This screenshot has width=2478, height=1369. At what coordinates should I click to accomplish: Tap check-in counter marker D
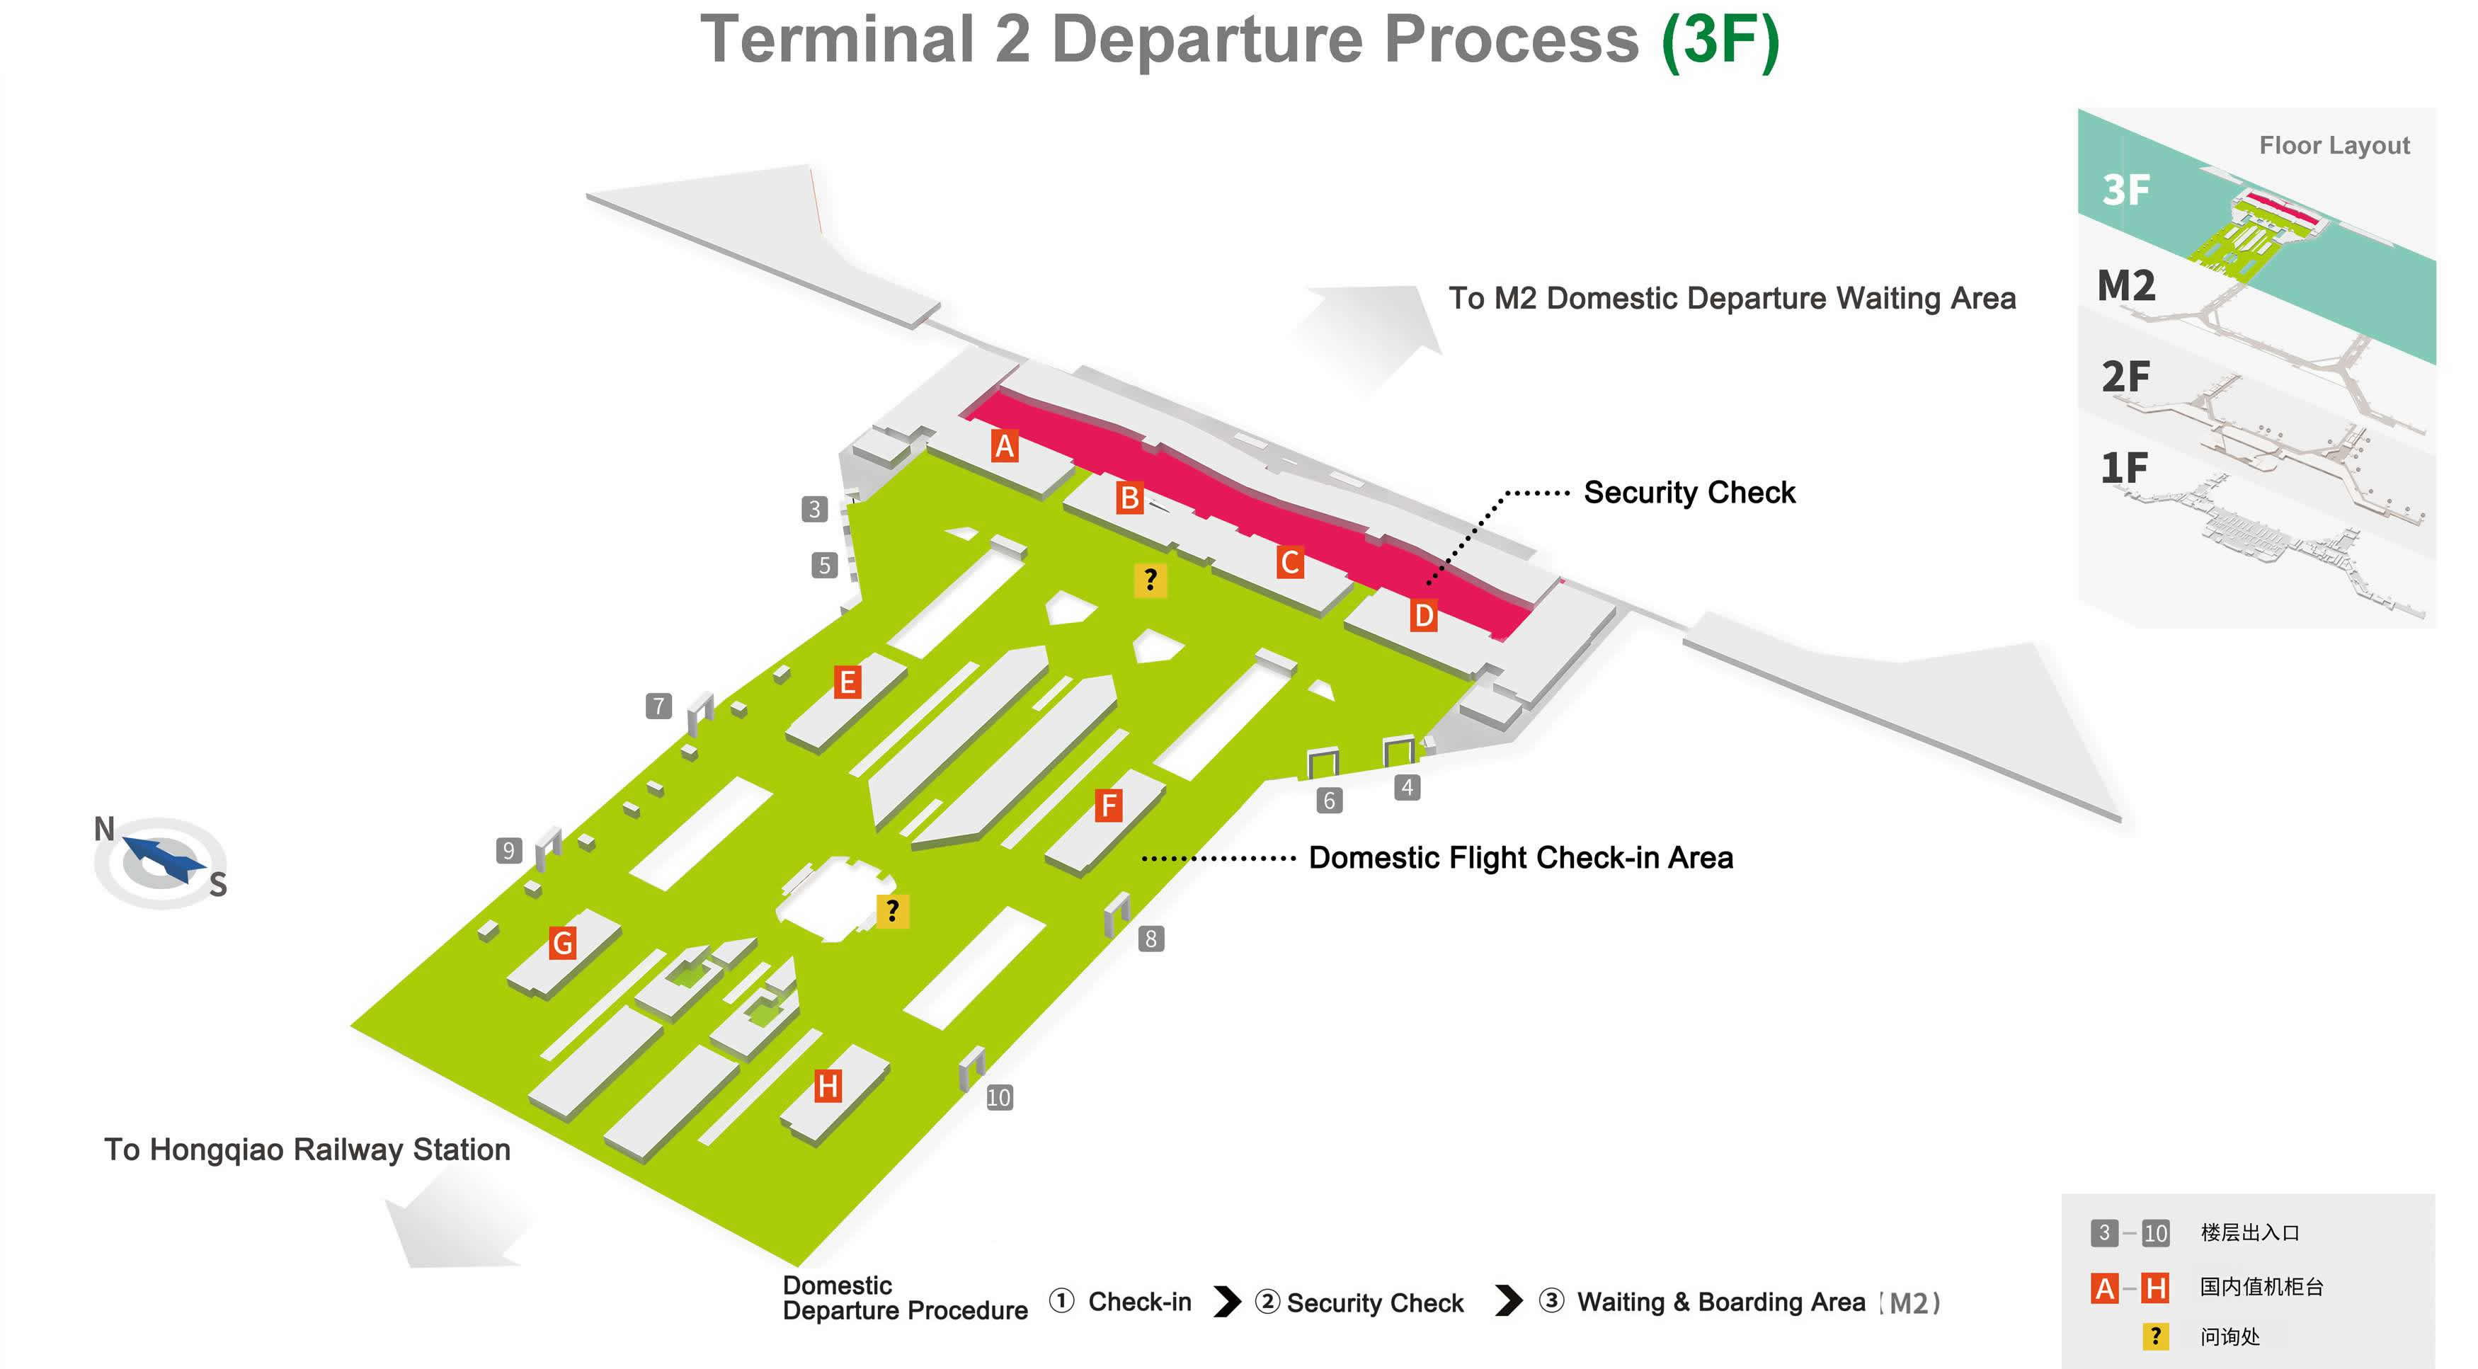click(x=1424, y=616)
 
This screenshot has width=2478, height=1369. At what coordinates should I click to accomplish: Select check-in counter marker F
click(x=1108, y=806)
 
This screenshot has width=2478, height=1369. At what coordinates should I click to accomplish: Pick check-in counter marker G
click(x=563, y=943)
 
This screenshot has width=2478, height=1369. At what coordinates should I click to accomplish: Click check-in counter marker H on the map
click(x=827, y=1086)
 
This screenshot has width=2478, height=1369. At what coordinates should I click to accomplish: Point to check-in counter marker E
click(x=847, y=682)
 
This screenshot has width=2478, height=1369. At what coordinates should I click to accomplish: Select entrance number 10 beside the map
click(x=998, y=1098)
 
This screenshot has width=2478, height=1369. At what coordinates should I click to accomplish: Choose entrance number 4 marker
click(x=1406, y=788)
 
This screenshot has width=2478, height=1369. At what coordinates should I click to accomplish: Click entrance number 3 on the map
click(x=815, y=509)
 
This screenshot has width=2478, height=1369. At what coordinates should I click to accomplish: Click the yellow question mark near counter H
click(x=893, y=910)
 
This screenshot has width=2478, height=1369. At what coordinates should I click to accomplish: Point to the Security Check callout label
click(x=1689, y=493)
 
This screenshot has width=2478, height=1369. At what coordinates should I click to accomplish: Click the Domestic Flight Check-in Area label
click(x=1520, y=857)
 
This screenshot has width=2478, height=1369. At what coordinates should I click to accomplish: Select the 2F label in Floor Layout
click(x=2125, y=376)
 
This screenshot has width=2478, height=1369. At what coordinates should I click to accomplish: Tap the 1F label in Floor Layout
click(x=2123, y=469)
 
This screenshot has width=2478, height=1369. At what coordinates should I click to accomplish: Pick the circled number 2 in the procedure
click(x=1267, y=1302)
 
